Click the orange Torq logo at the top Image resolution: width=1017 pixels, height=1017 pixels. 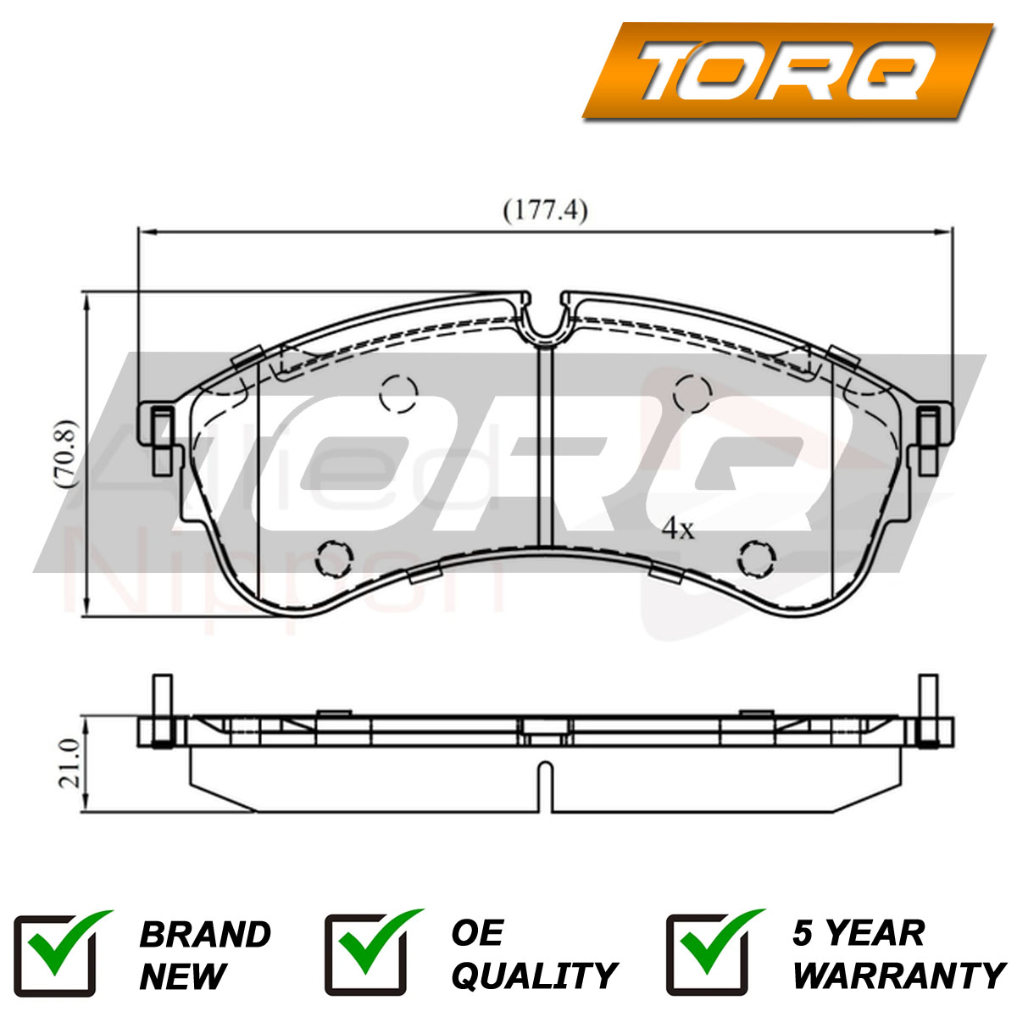(787, 70)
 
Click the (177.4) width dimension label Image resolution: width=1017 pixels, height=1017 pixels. (545, 212)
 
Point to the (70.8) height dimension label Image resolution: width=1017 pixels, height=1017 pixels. (69, 453)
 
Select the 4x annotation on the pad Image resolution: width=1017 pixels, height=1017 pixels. (679, 528)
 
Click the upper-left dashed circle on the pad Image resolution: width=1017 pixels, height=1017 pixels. (398, 393)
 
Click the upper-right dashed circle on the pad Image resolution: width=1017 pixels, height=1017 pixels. (692, 393)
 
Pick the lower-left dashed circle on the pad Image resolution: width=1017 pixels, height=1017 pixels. (334, 559)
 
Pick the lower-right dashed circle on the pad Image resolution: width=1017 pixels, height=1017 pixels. (757, 559)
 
